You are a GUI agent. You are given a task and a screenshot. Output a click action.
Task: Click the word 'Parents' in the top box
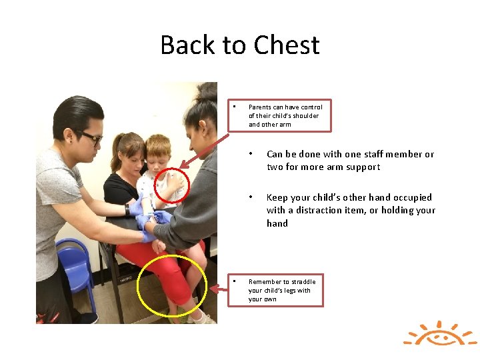pyautogui.click(x=260, y=107)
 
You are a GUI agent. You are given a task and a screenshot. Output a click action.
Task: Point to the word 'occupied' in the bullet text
pyautogui.click(x=411, y=197)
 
